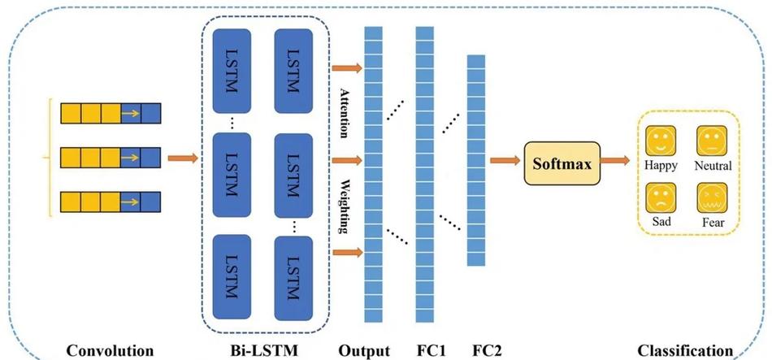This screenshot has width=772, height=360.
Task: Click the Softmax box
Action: point(562,163)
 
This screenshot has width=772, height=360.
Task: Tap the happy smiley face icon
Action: point(660,141)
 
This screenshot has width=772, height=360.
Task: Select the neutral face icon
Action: point(712,141)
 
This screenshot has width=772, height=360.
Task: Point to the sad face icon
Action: point(660,197)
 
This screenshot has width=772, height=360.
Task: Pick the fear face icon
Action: point(712,197)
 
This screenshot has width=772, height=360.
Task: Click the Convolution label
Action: point(110,350)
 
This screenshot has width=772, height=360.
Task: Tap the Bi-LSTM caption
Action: point(264,350)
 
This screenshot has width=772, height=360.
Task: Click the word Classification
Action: point(685,350)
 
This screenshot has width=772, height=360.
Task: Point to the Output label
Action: point(364,350)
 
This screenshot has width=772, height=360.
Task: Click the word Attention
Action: point(345,113)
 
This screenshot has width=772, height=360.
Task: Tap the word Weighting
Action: point(345,208)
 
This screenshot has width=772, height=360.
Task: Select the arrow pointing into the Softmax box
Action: point(505,160)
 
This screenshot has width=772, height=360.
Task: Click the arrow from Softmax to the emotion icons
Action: point(615,160)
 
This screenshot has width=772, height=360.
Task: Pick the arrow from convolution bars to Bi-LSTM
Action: point(183,158)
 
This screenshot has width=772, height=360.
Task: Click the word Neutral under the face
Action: point(713,166)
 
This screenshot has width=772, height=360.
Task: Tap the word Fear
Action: point(713,223)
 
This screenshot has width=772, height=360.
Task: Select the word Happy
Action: point(661,167)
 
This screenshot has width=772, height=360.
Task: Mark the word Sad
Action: point(661,222)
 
